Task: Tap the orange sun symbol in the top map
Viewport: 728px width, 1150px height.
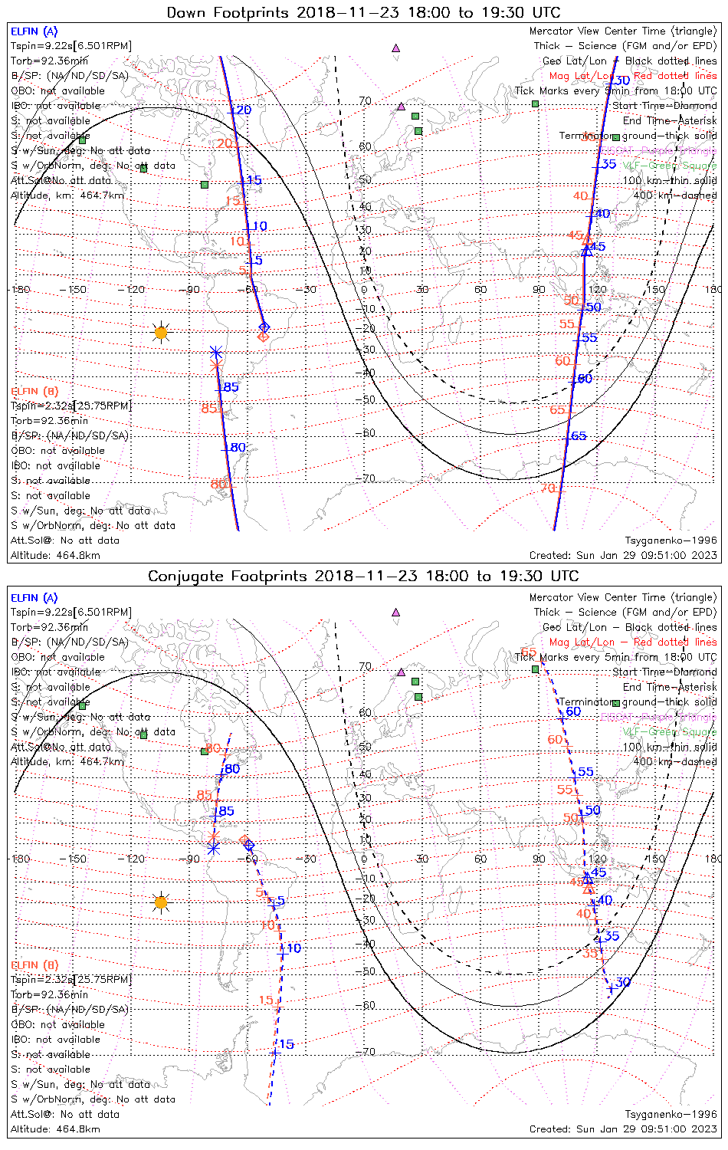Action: (x=160, y=332)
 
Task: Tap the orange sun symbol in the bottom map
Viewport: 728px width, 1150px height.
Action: (x=160, y=902)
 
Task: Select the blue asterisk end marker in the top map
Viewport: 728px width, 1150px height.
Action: (x=216, y=353)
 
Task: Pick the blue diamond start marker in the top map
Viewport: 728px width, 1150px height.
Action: (x=264, y=327)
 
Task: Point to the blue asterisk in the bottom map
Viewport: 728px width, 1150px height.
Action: (x=213, y=848)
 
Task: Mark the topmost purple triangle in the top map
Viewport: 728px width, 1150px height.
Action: (x=395, y=48)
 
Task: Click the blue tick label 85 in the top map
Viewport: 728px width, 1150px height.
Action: (x=231, y=387)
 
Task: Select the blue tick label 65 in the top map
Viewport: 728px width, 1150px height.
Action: (x=579, y=436)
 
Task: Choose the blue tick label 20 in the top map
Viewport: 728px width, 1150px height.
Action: (x=243, y=110)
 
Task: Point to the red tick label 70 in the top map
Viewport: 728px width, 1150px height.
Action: (x=547, y=488)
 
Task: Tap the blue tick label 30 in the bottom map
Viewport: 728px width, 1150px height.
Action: (x=622, y=982)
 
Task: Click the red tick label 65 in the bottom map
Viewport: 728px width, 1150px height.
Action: (x=528, y=652)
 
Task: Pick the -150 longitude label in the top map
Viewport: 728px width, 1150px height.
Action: (x=77, y=289)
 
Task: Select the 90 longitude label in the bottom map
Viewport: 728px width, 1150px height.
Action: (x=539, y=859)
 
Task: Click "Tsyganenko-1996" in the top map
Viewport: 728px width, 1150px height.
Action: (x=671, y=540)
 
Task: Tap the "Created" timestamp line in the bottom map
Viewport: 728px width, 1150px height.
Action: (x=623, y=1129)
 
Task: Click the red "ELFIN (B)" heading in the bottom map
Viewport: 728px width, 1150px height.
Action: (x=34, y=964)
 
